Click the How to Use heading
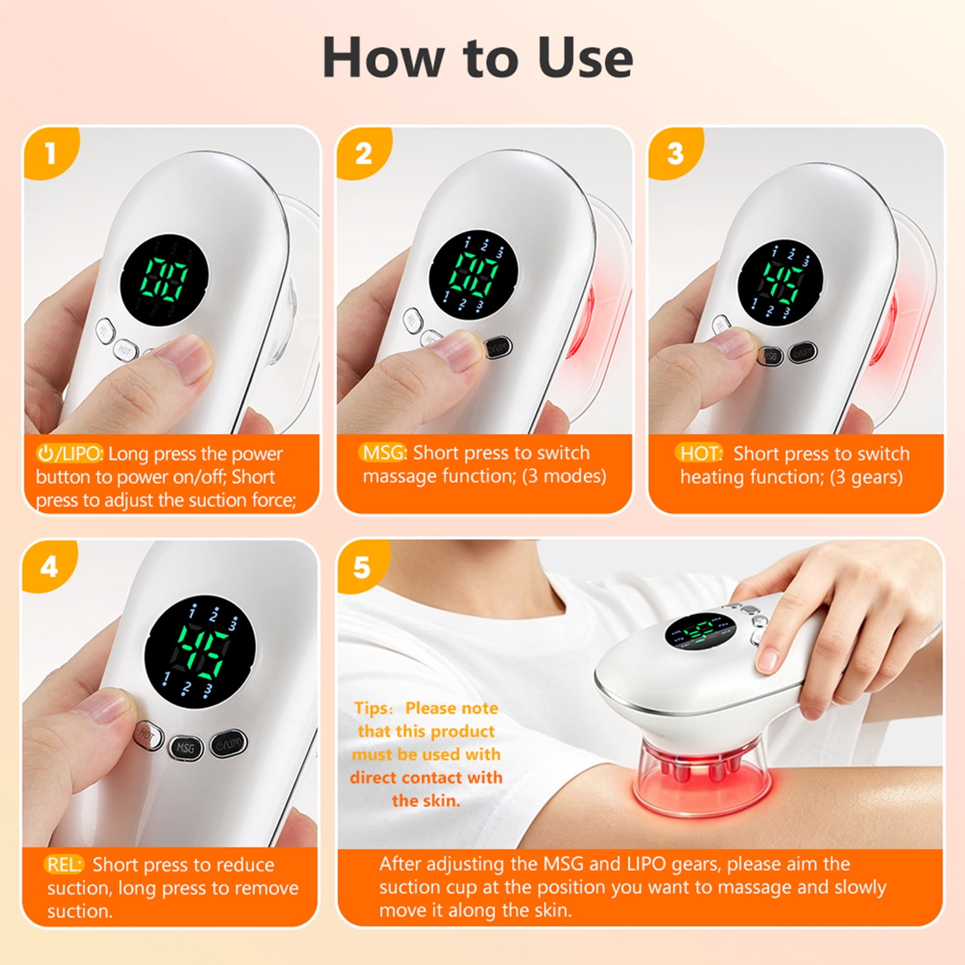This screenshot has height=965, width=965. pos(478,58)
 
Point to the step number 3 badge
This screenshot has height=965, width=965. pos(675,153)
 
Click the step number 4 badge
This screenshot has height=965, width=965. pos(49,566)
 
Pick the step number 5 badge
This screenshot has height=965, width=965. pos(361,568)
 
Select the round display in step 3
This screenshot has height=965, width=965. pos(781,283)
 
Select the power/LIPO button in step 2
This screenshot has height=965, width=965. pos(499,347)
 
